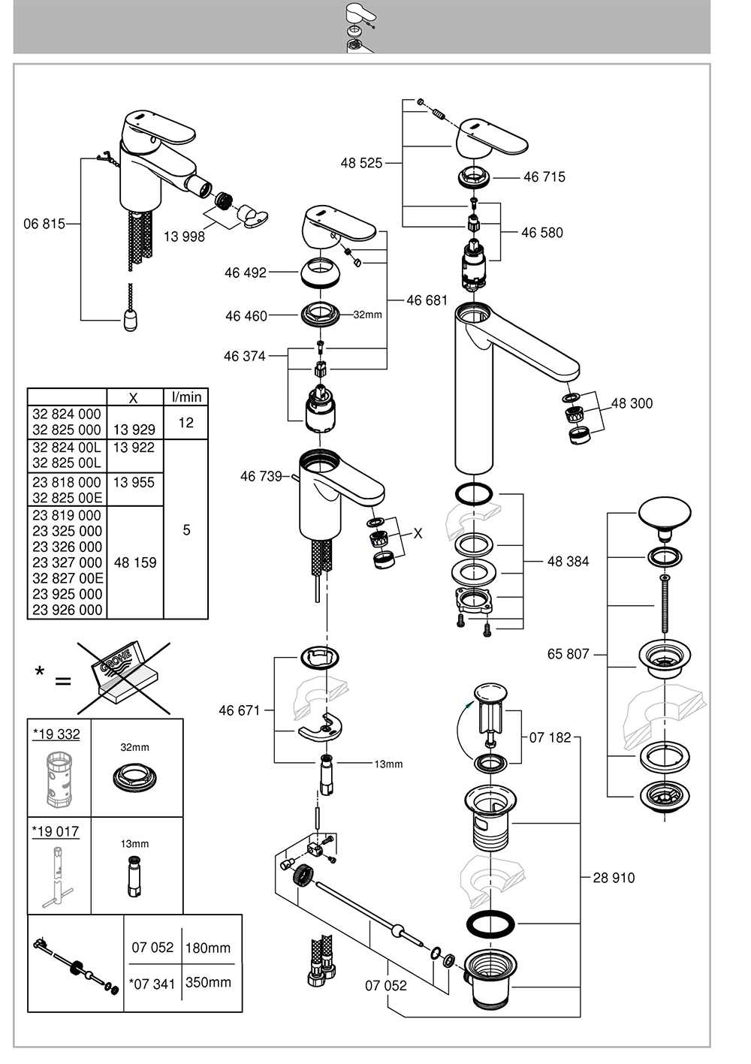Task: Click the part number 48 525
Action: (361, 163)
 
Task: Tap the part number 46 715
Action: (544, 176)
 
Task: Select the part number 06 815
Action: (44, 223)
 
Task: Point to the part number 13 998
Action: (184, 236)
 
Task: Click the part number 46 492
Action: (245, 273)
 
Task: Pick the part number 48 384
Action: (568, 561)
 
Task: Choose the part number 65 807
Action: (568, 654)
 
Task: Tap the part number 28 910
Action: (614, 877)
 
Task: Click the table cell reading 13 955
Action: (134, 482)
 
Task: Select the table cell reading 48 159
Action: (135, 562)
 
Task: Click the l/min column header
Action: (186, 396)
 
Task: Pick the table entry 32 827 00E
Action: (68, 578)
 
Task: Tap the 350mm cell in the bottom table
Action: (208, 982)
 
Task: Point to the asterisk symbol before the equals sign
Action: (40, 672)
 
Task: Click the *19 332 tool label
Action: (56, 734)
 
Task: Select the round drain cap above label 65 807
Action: (665, 514)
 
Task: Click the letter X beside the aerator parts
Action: (418, 533)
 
